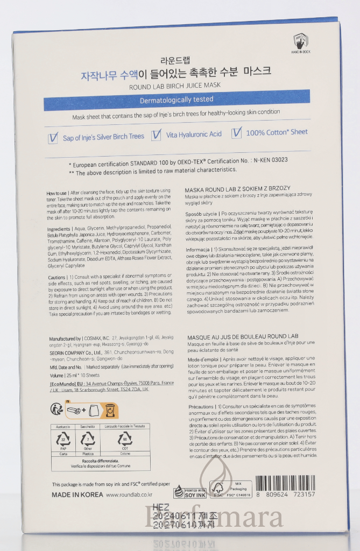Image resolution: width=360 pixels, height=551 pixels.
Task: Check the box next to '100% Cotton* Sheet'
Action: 236,133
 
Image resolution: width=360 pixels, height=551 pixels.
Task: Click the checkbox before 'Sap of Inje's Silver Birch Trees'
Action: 53,137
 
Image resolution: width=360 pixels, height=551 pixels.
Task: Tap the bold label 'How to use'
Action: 57,192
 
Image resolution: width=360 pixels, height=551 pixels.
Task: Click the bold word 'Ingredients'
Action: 59,229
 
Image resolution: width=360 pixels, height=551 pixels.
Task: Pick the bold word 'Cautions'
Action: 56,276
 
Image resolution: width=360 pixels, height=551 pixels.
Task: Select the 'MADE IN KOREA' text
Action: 74,495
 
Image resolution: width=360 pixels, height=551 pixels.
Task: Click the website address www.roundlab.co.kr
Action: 129,495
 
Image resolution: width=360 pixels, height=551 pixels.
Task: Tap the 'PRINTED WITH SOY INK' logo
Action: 189,491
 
